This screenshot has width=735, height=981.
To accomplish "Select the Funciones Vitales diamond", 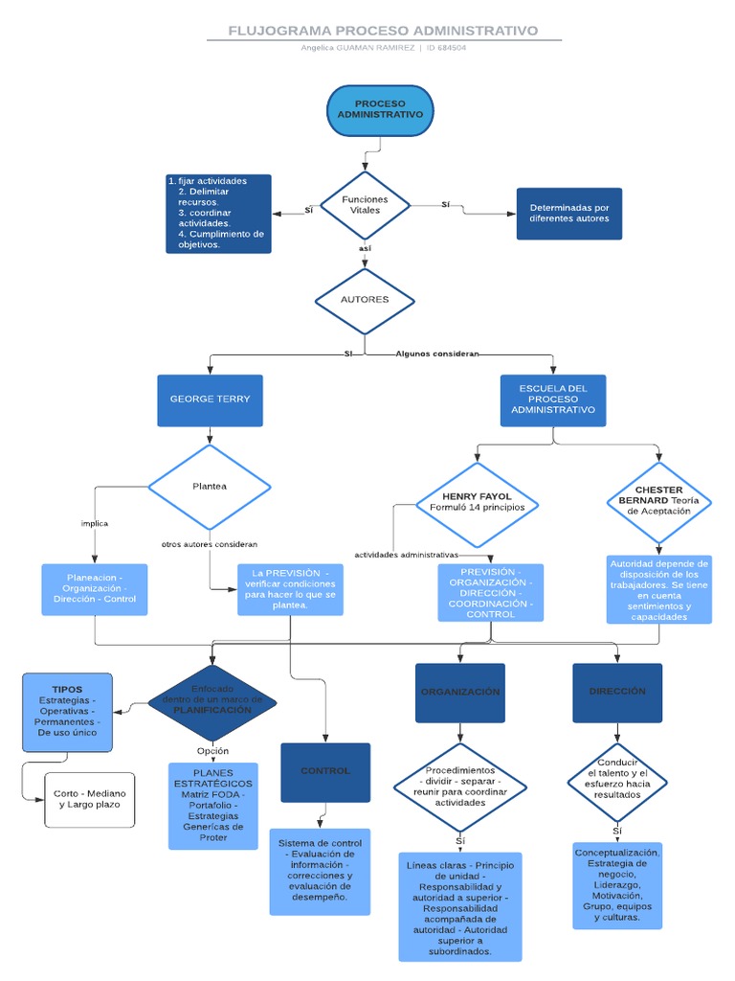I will click(365, 205).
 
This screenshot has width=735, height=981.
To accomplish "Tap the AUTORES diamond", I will click(365, 300).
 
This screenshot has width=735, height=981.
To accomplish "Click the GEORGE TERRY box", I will click(210, 399).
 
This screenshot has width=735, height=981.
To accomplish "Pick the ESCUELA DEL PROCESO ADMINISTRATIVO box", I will click(552, 399).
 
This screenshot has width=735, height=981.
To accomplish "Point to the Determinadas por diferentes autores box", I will click(568, 214).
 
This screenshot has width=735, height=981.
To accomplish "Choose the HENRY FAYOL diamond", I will click(477, 504).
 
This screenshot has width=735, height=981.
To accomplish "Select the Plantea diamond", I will click(210, 487).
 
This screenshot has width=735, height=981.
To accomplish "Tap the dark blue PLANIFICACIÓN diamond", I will click(212, 703).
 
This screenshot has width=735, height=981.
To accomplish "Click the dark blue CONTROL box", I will click(325, 771).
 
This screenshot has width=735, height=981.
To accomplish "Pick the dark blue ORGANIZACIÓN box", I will click(459, 693).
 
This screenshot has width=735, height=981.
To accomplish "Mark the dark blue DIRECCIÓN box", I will click(616, 693).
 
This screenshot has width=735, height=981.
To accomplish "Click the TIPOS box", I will click(67, 712).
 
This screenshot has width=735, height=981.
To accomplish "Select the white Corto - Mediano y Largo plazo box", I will click(89, 800).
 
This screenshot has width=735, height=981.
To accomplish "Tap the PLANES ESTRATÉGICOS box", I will click(213, 806).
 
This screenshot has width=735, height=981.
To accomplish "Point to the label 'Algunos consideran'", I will click(437, 354).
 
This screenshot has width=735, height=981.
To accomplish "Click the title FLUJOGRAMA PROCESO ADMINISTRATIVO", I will click(383, 31).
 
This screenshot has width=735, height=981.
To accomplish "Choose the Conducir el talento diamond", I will click(616, 778).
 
